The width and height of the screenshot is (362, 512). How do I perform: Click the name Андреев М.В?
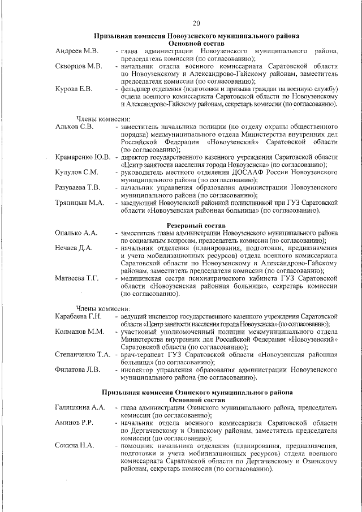[77, 51]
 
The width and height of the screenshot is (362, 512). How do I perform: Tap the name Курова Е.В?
[75, 89]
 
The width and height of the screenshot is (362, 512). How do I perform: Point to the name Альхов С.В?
[74, 127]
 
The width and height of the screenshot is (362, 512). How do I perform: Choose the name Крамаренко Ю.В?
[83, 157]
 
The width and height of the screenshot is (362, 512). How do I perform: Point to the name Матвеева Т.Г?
[77, 278]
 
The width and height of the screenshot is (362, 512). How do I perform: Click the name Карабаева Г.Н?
[78, 315]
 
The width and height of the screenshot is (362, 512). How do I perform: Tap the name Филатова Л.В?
[77, 369]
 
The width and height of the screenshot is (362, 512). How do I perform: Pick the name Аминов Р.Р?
[74, 422]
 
